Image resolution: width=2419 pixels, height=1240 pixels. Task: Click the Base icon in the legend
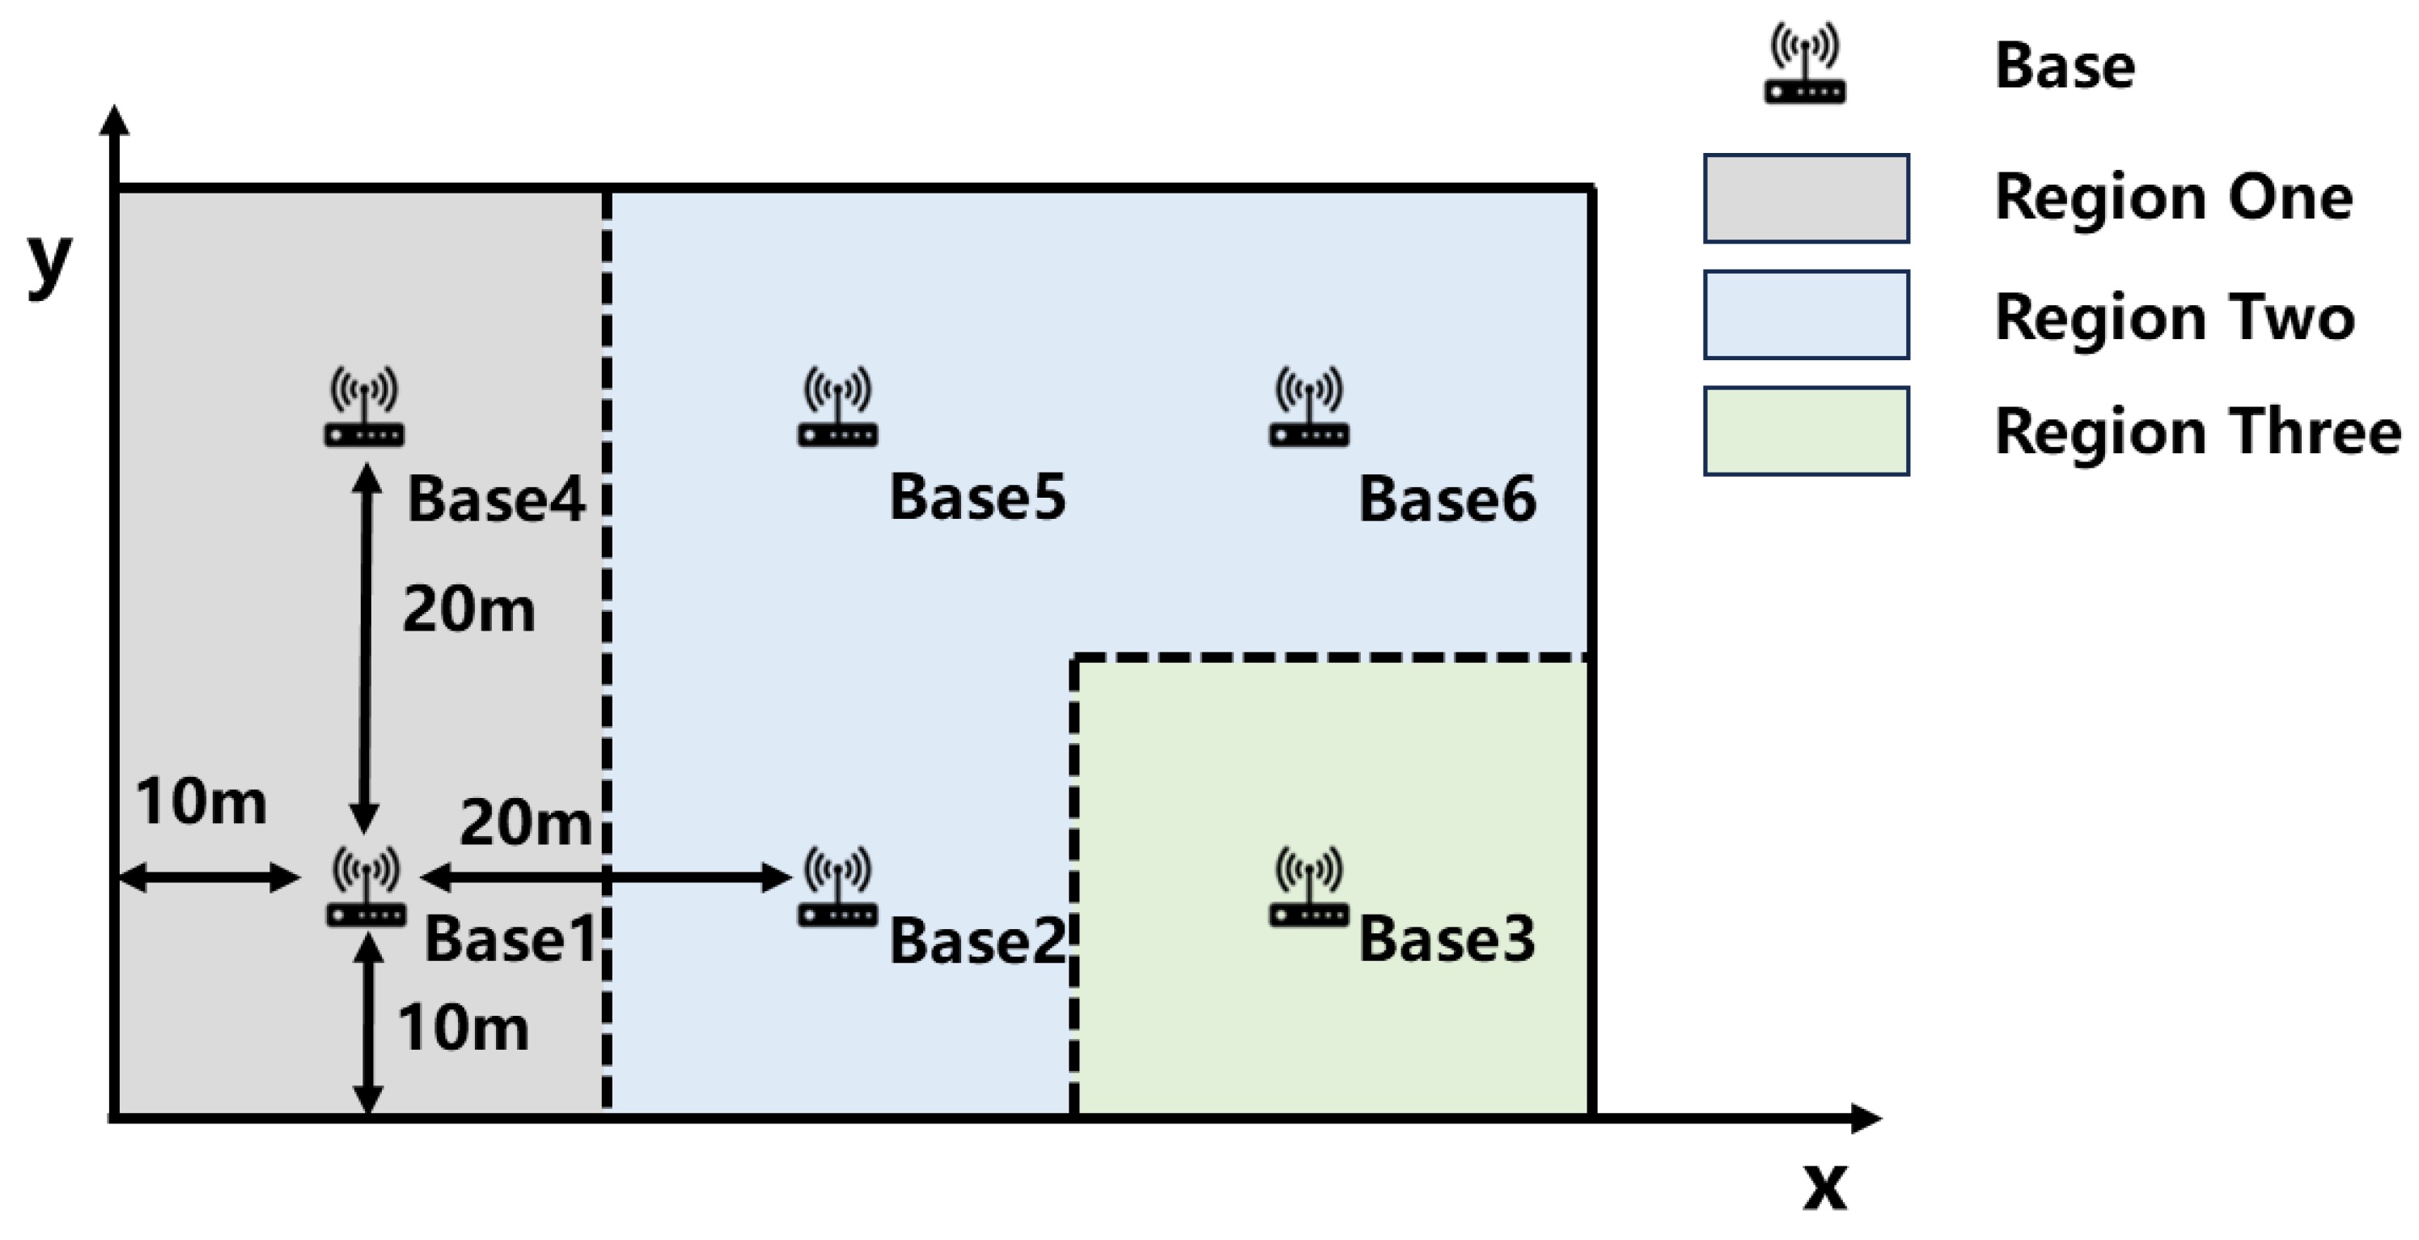tap(1804, 64)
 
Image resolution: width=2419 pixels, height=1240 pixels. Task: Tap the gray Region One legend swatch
tap(1806, 198)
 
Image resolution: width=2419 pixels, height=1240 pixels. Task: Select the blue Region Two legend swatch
tap(1806, 315)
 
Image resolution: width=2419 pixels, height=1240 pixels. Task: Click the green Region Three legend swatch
tap(1806, 431)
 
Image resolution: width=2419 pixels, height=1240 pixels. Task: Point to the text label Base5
tap(976, 497)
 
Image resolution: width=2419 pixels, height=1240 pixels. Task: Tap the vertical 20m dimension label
tap(468, 609)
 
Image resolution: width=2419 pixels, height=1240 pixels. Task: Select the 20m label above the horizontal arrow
tap(525, 823)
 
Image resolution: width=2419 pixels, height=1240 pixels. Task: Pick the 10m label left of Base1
tap(201, 802)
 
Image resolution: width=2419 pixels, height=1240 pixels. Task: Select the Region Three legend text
tap(2197, 431)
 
